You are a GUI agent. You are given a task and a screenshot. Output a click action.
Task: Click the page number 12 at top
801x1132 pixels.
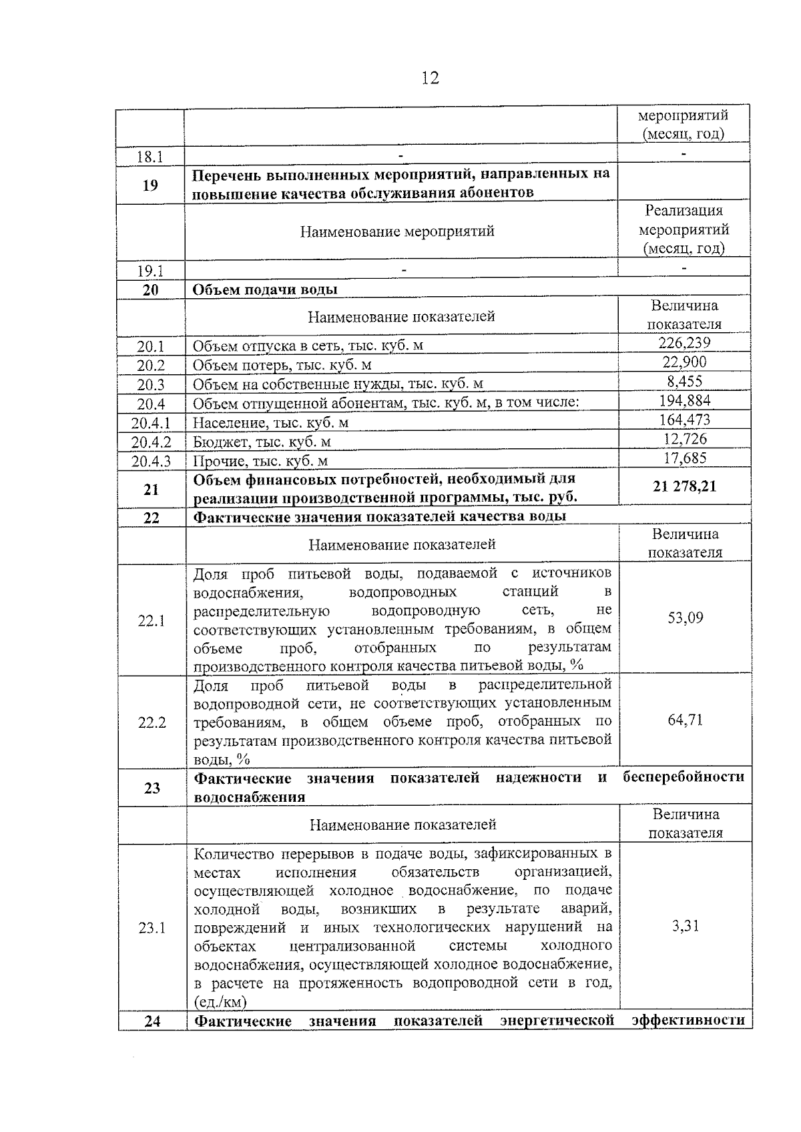(431, 79)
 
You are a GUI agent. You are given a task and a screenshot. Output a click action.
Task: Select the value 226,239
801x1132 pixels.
(684, 343)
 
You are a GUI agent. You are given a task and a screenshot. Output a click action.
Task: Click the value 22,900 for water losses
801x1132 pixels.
(684, 362)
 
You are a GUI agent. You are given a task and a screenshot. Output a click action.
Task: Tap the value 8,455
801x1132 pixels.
(684, 382)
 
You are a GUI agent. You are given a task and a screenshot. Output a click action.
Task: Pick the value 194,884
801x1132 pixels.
(684, 401)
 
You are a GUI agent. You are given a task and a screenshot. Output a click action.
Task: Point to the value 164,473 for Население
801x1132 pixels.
(684, 420)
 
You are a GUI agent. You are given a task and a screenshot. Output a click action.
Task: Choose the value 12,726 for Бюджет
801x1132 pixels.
(684, 439)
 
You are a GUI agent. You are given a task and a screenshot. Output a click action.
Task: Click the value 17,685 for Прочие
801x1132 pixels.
(684, 458)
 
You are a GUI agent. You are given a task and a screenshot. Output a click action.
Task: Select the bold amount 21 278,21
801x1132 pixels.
(684, 487)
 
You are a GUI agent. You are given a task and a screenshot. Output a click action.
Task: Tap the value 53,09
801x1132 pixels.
(686, 618)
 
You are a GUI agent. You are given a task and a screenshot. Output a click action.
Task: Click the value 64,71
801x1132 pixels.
(686, 720)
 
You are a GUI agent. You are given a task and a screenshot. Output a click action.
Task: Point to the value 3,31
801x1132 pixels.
(686, 926)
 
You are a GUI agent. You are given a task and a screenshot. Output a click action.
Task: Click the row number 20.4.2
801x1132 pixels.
(152, 442)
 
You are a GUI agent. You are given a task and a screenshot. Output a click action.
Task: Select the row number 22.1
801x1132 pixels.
(152, 621)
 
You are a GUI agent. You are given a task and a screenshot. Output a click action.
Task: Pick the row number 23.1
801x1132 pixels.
(152, 928)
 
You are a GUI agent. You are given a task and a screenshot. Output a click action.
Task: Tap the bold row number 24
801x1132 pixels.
(152, 1021)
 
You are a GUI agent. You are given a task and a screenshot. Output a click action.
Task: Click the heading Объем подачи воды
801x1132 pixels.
(265, 290)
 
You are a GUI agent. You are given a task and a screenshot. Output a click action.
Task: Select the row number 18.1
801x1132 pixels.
(150, 157)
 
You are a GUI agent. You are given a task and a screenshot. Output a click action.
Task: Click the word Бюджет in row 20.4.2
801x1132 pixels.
(219, 442)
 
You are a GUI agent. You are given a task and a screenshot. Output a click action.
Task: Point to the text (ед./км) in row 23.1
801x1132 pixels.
(220, 1002)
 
